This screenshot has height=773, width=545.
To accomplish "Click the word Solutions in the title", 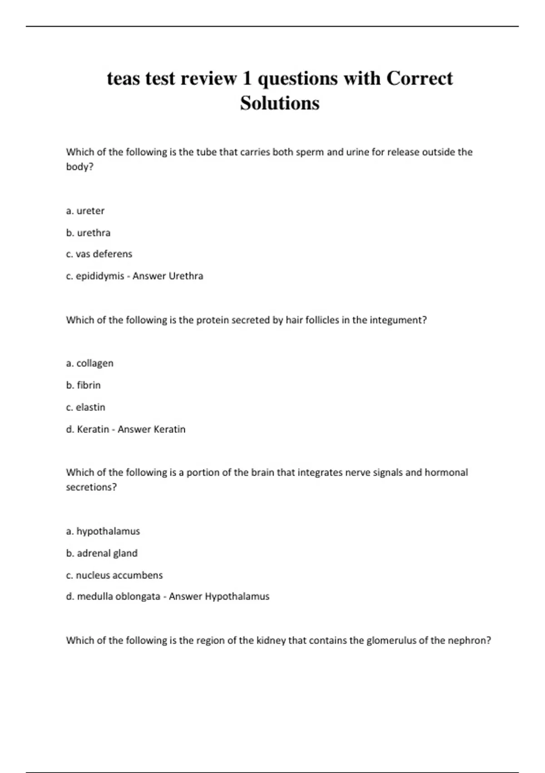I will pyautogui.click(x=280, y=103).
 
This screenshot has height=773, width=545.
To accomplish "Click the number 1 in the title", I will pyautogui.click(x=247, y=79).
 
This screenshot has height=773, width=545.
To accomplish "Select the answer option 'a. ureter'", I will pyautogui.click(x=85, y=211).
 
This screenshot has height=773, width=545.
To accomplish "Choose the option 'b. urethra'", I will pyautogui.click(x=88, y=233).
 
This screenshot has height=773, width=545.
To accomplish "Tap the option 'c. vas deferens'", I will pyautogui.click(x=99, y=254).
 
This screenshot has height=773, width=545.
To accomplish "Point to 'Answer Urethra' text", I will pyautogui.click(x=168, y=276).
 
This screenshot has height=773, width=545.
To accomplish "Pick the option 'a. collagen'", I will pyautogui.click(x=89, y=363).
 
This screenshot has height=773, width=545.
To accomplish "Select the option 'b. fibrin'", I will pyautogui.click(x=83, y=385).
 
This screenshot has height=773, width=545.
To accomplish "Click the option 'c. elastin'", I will pyautogui.click(x=85, y=407).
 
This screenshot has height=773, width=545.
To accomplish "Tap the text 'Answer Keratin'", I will pyautogui.click(x=151, y=429).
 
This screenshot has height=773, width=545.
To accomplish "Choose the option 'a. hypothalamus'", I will pyautogui.click(x=103, y=531).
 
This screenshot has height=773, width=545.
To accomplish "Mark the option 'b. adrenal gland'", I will pyautogui.click(x=102, y=553).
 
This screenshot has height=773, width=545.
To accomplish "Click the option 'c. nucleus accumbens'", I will pyautogui.click(x=114, y=575).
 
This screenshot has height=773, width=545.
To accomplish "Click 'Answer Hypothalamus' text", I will pyautogui.click(x=219, y=597).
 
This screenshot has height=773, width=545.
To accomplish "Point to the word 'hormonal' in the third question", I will pyautogui.click(x=446, y=472).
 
